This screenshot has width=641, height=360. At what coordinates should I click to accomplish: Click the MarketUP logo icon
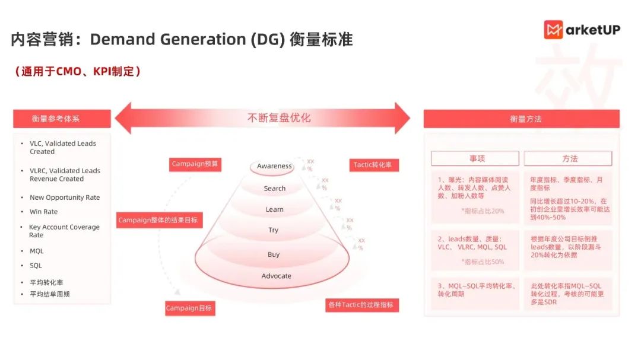pyautogui.click(x=554, y=30)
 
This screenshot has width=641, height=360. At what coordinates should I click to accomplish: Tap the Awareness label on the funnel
pyautogui.click(x=274, y=166)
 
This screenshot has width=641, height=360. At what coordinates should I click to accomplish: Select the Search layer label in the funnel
pyautogui.click(x=275, y=189)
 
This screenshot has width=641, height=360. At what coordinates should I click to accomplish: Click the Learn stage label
pyautogui.click(x=275, y=209)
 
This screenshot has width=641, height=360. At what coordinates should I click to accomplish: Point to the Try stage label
pyautogui.click(x=273, y=230)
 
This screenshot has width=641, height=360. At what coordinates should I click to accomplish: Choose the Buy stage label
pyautogui.click(x=274, y=254)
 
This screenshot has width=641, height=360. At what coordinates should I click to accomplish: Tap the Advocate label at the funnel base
pyautogui.click(x=277, y=276)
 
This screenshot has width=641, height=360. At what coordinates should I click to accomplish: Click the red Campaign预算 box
pyautogui.click(x=196, y=164)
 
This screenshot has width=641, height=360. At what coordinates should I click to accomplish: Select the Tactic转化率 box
pyautogui.click(x=374, y=165)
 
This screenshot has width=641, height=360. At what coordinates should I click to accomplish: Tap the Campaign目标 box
pyautogui.click(x=189, y=308)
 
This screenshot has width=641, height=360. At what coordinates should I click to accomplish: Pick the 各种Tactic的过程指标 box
pyautogui.click(x=362, y=305)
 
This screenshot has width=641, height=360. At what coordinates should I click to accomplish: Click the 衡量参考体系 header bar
pyautogui.click(x=62, y=119)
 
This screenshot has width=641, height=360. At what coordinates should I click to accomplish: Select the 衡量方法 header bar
pyautogui.click(x=521, y=119)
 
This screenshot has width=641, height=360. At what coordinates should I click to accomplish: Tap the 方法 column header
pyautogui.click(x=568, y=158)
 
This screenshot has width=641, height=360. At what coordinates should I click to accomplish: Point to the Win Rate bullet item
pyautogui.click(x=43, y=212)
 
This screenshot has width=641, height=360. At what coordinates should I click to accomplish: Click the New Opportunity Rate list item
pyautogui.click(x=65, y=197)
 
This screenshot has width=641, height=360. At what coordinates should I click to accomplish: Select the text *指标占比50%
pyautogui.click(x=483, y=262)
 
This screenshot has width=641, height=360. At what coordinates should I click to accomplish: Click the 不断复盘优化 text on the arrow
pyautogui.click(x=279, y=117)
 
